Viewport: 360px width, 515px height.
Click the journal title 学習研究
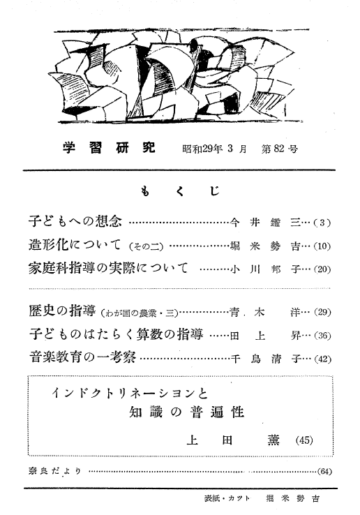109,149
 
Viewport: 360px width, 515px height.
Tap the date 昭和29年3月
214,149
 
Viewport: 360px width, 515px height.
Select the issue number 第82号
279,149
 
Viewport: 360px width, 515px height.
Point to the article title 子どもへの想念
75,221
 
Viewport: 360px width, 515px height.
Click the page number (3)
322,223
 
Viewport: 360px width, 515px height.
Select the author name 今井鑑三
265,223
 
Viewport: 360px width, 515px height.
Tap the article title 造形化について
75,244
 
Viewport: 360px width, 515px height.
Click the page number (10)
322,246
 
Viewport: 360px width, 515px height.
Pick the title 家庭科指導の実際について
108,268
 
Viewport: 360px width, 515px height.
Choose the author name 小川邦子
265,269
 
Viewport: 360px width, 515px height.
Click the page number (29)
322,312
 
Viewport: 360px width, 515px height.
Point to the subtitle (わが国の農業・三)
140,313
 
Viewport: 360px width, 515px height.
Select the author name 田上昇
265,336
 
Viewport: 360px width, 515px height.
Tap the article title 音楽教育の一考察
82,357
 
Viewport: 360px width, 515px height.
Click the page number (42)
322,359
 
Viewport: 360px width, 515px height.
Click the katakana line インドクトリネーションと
130,393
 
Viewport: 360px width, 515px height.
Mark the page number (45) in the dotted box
304,440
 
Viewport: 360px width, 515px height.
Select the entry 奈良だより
55,471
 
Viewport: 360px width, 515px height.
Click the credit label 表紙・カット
227,498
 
